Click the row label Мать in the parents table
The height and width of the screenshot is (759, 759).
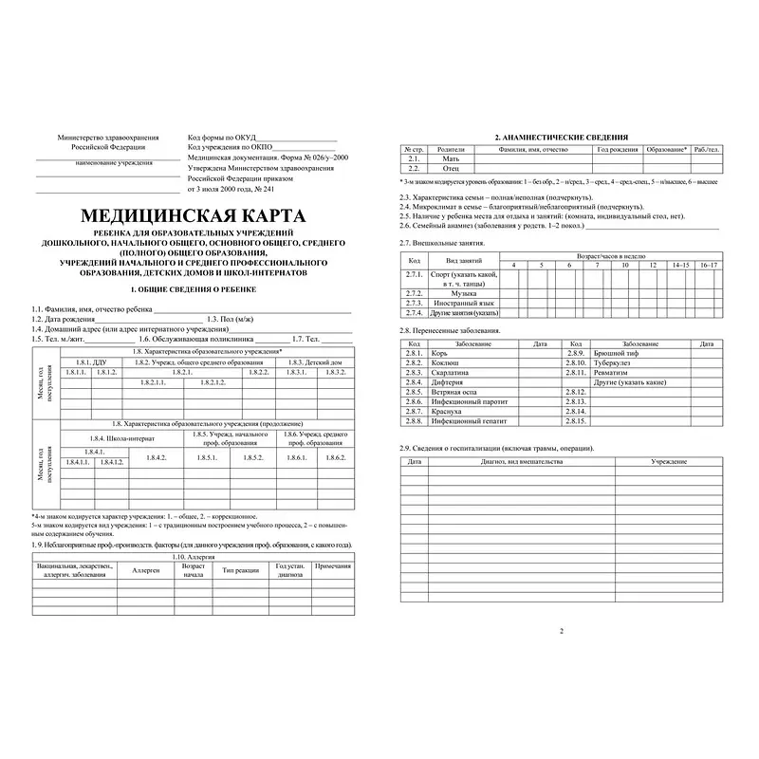point(451,159)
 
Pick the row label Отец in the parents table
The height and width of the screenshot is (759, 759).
point(451,168)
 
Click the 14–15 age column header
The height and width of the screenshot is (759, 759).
point(681,265)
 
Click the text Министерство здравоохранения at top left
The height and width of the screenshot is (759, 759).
point(109,139)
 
